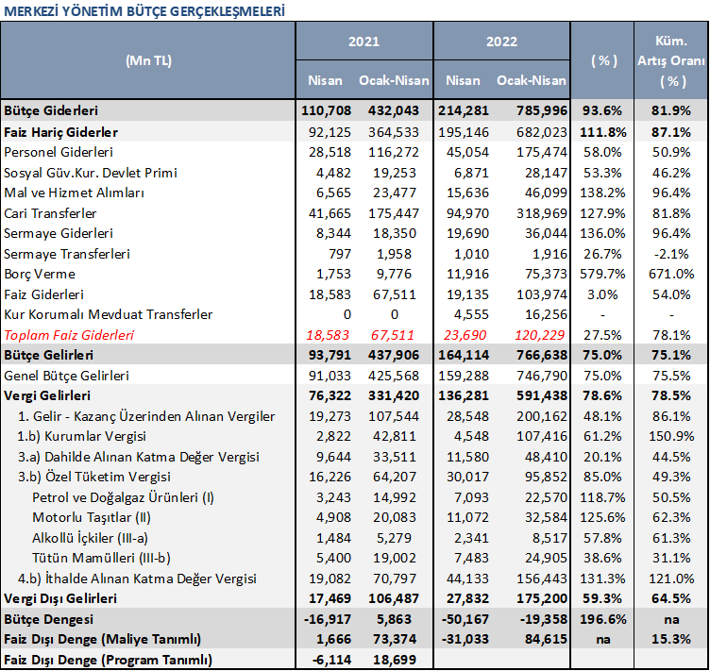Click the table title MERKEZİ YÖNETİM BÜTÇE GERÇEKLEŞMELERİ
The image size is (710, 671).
click(144, 11)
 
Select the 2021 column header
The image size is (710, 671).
click(363, 42)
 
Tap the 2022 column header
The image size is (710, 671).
click(501, 42)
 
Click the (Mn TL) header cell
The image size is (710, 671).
click(148, 60)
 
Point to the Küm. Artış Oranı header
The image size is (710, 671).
click(671, 60)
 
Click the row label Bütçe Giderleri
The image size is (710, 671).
click(51, 110)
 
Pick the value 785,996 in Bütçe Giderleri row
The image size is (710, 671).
click(542, 110)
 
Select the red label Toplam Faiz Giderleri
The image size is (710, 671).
click(69, 335)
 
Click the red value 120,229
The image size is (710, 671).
click(539, 335)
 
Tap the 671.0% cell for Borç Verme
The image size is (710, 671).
click(671, 275)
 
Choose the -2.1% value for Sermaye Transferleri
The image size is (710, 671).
click(671, 254)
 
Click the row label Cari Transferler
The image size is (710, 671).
click(50, 213)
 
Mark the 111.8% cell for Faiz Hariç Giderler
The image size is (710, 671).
click(603, 132)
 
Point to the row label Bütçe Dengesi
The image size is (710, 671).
click(48, 619)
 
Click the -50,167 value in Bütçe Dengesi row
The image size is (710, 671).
click(464, 619)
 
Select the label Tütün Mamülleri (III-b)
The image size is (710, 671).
click(101, 558)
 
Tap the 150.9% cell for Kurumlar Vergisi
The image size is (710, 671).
click(671, 436)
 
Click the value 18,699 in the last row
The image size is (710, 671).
click(395, 660)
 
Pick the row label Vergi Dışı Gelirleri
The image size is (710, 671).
click(60, 598)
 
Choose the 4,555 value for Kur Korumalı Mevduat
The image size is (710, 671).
click(471, 314)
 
